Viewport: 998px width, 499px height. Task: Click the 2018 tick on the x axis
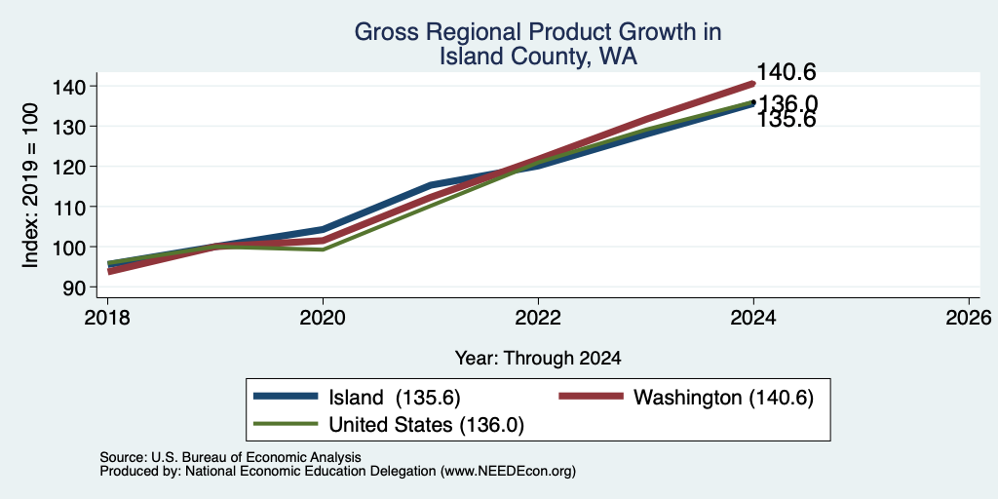click(107, 317)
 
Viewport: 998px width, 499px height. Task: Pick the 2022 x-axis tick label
click(538, 317)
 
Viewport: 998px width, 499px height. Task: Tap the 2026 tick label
click(969, 317)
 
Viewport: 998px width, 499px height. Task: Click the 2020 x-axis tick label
click(324, 317)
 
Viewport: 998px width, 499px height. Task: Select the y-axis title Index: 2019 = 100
click(30, 186)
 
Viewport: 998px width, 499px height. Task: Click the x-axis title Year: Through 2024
click(538, 359)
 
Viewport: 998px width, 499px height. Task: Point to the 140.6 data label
click(787, 72)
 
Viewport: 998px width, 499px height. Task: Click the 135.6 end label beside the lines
click(787, 121)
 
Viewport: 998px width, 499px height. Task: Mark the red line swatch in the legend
click(591, 396)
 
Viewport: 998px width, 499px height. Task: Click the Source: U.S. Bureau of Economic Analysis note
click(230, 457)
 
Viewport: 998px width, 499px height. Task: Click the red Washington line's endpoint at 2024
click(753, 84)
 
